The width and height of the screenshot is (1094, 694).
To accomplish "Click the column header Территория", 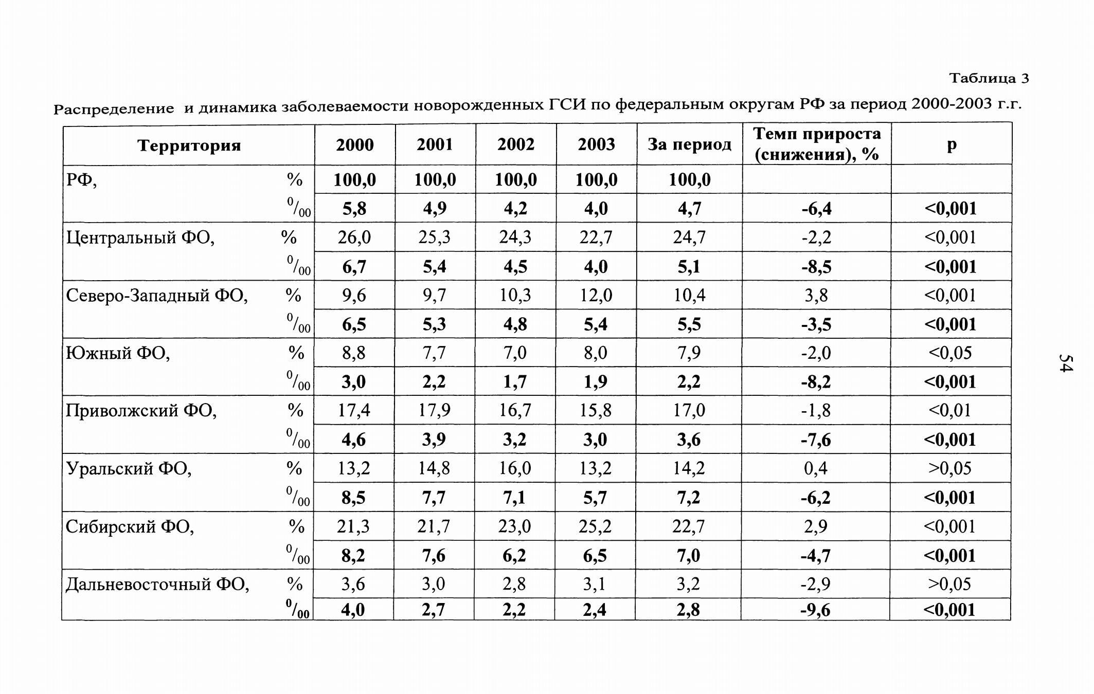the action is coord(189,145).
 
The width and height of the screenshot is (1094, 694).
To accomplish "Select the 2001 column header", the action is coord(435,144).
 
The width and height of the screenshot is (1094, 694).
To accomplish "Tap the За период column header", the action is coord(689,144).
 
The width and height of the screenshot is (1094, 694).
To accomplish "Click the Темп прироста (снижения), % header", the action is coord(817,144).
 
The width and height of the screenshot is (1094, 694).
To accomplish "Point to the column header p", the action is coord(952,144).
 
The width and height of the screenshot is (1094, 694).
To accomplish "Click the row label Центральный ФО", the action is coord(140,238).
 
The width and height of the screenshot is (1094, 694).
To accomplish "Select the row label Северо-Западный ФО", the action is coord(157,296).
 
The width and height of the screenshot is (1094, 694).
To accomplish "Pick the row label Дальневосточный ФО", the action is coord(157,585).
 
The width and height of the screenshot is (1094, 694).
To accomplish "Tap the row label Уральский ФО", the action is coord(129,469).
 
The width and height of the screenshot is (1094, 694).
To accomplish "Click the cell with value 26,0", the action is coord(354,238).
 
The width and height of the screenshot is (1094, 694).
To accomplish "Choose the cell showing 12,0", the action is coord(596,296).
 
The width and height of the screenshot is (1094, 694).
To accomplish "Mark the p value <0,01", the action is coord(950,411).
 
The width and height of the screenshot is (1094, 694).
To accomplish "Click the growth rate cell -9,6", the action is coord(816,610).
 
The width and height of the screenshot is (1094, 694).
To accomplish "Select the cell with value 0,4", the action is coord(816,469).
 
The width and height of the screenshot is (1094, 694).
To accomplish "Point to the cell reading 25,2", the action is coord(596,527).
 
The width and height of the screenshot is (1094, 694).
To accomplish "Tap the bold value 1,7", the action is coord(515,382).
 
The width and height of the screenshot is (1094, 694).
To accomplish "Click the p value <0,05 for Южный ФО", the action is coord(950,353).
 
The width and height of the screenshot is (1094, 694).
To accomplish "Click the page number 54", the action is coord(1066,362).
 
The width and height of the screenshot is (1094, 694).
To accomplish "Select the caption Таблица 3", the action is coord(989,78).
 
